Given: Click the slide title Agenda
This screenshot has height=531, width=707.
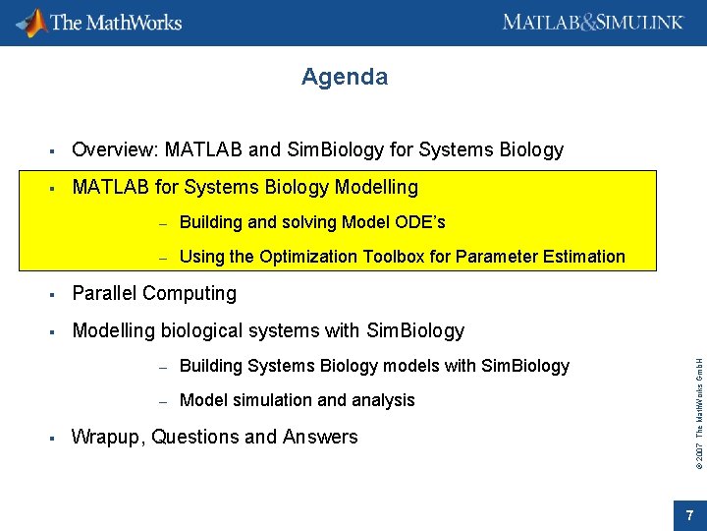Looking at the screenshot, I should pyautogui.click(x=345, y=77).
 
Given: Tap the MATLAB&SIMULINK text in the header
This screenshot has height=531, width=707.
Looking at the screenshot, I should pyautogui.click(x=592, y=22).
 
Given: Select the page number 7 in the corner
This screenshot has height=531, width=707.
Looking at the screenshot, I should pyautogui.click(x=689, y=515).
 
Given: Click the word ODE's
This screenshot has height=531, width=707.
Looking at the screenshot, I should pyautogui.click(x=423, y=222).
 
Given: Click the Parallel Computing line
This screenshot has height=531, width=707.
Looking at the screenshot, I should pyautogui.click(x=154, y=294).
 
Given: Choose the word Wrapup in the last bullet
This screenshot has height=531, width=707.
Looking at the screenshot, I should pyautogui.click(x=108, y=438).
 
